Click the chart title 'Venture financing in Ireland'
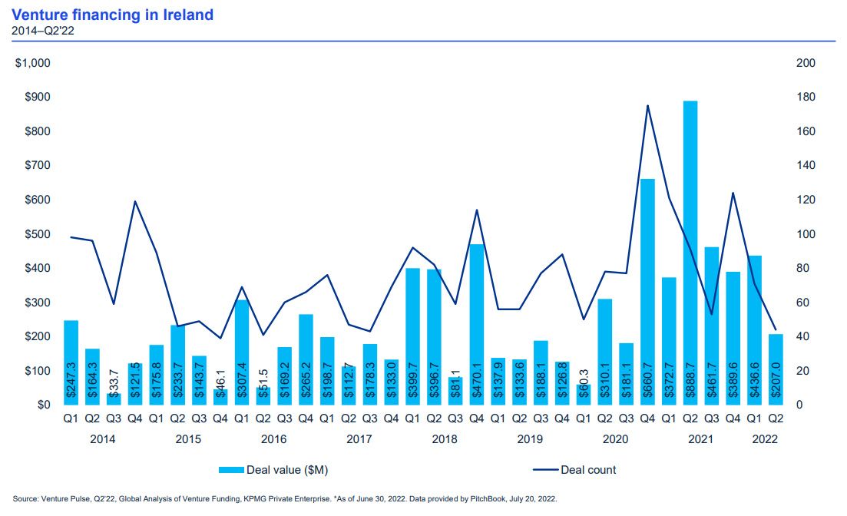[113, 15]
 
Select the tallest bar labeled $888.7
[690, 253]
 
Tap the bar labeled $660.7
[647, 292]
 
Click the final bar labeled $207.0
[776, 369]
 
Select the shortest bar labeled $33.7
[114, 399]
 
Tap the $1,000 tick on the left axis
[33, 63]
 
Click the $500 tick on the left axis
[36, 234]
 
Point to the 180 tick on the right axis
[807, 98]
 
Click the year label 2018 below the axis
[445, 440]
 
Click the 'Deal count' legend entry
[588, 470]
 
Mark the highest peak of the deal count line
[647, 106]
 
